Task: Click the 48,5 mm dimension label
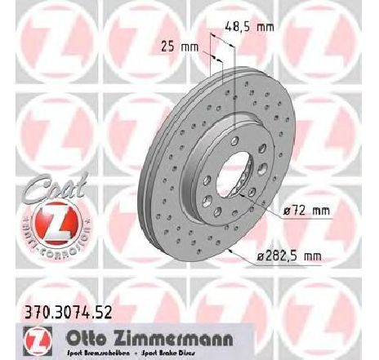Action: click(x=252, y=27)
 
